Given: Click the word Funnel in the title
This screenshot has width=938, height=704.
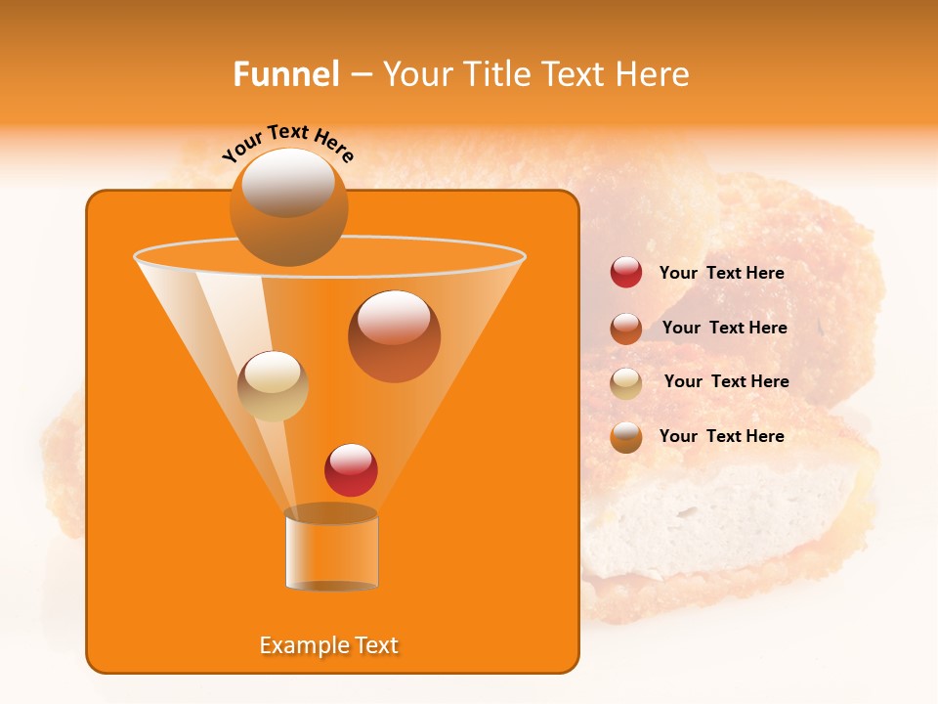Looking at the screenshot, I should coord(285,74).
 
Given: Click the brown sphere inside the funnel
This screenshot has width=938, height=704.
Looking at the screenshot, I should coord(394,337).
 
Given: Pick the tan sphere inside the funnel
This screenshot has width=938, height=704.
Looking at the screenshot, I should coord(273,386).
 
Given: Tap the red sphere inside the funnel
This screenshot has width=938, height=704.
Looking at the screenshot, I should coord(351,470).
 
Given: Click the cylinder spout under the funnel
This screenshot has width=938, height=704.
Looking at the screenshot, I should coord(331,550).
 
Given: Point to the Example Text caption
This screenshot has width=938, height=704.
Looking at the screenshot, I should coord(328,645).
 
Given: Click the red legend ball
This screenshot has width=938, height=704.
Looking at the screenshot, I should coord(626,273).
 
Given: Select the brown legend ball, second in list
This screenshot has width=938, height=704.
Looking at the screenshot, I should coord(626,328).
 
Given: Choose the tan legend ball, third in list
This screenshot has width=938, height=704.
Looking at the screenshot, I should coord(626,382).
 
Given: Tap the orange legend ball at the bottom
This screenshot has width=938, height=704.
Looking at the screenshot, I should coord(626,437).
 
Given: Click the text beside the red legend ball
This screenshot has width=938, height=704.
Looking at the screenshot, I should coord(721,274).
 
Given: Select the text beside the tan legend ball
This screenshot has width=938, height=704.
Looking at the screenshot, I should coord(726,382).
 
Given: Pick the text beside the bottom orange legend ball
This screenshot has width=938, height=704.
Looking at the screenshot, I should coord(721,436).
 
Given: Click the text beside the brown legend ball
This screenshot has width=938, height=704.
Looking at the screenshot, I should coord(724,329).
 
